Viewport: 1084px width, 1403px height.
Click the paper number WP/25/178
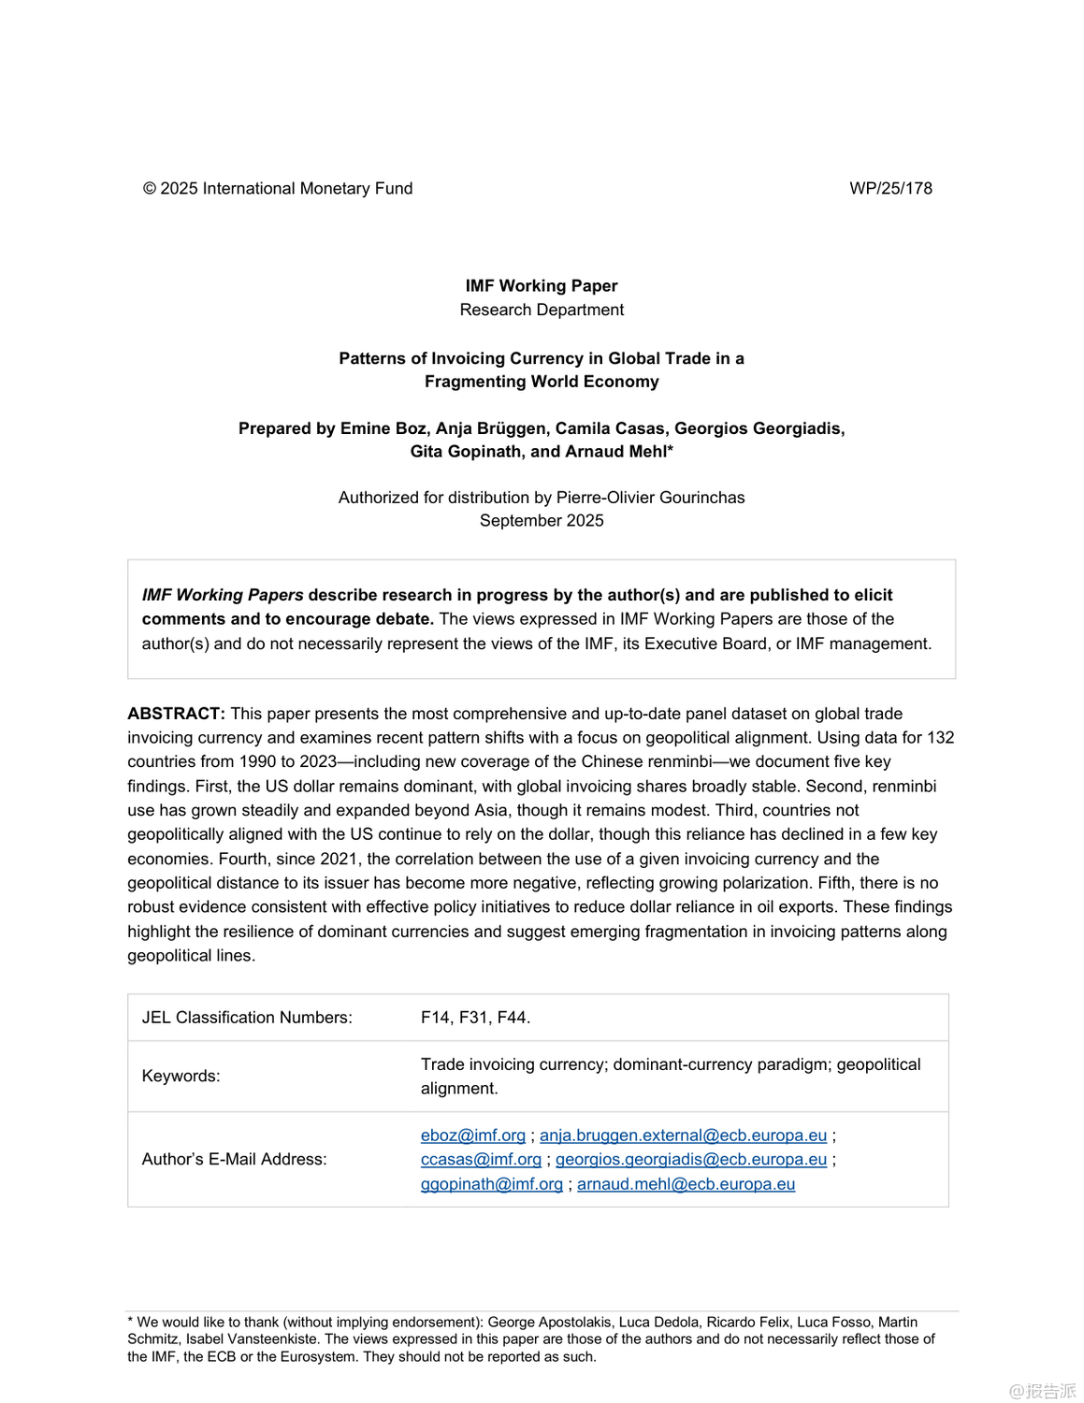tap(890, 188)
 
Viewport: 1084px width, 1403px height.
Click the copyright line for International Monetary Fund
tap(278, 188)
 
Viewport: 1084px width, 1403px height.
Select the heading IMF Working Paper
tap(542, 285)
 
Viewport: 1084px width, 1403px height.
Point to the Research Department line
tap(542, 310)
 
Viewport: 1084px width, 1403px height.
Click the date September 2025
tap(542, 520)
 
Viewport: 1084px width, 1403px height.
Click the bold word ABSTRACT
tap(176, 714)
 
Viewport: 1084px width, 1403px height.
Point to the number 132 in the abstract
tap(940, 737)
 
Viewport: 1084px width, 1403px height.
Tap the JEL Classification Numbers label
tap(247, 1018)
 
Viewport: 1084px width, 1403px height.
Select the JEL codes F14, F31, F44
tap(475, 1018)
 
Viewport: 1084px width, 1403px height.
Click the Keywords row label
tap(181, 1076)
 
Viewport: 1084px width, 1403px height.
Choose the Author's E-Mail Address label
tap(234, 1159)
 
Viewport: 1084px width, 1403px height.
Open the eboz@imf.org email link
tap(473, 1135)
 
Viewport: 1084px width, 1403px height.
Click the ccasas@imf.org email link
tap(481, 1159)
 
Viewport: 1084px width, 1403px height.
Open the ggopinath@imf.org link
tap(492, 1184)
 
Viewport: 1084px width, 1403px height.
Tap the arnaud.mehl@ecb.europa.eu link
tap(686, 1184)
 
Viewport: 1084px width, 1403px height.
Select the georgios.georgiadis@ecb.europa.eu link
tap(691, 1159)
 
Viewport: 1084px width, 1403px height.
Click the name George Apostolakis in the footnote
tap(549, 1322)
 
